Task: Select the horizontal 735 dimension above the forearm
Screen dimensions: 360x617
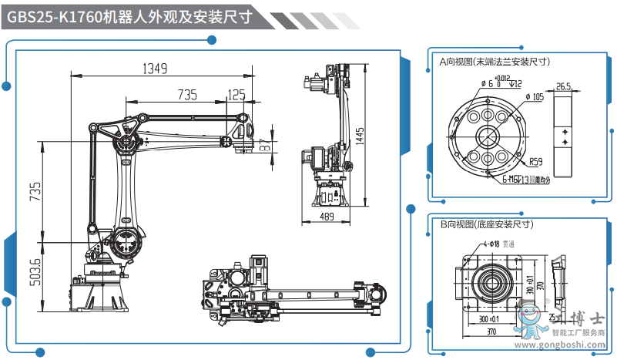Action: tap(187, 95)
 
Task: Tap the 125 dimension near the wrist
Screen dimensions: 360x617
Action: tap(236, 95)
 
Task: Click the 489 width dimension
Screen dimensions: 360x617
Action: tap(327, 217)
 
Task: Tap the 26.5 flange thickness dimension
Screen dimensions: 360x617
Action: tap(563, 86)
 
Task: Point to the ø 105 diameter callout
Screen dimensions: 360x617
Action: tap(535, 97)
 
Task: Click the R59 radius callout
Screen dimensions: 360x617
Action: tap(537, 162)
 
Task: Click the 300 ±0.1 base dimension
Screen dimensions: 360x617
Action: tap(488, 318)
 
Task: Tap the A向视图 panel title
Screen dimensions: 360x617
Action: tap(494, 60)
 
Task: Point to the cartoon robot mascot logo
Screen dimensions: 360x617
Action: tap(530, 320)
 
